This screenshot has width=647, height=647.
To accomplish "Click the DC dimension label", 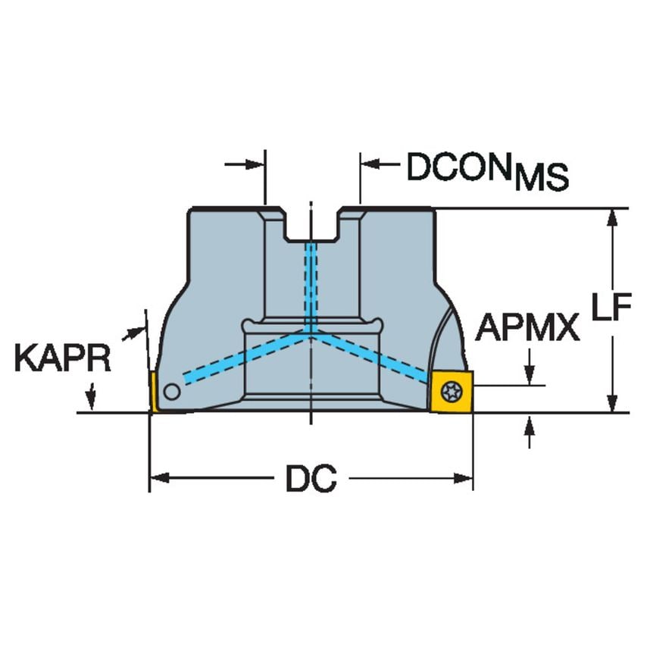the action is pos(311,479).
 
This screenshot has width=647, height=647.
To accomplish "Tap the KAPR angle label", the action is pos(63,358).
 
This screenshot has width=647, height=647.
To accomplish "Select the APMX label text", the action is pos(527,327).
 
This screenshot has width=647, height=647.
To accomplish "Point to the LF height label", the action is pos(611,307).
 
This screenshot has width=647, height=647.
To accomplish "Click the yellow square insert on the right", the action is pos(451,391).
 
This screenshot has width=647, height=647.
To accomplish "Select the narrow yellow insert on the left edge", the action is pos(153,392).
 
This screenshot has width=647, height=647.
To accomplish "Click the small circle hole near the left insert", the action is pos(172,391).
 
